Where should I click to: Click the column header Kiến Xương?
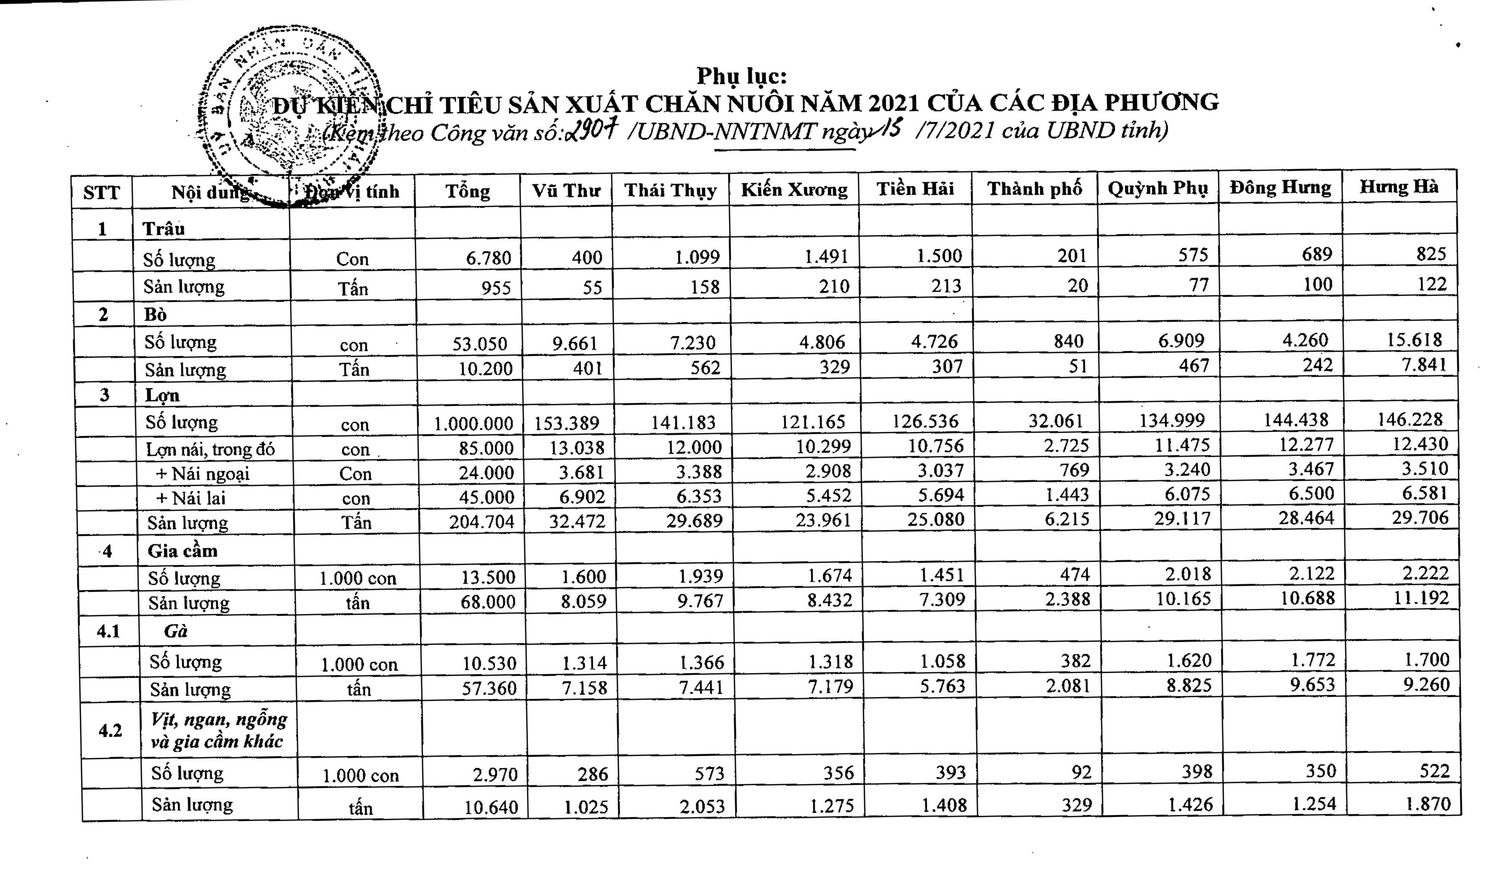(x=794, y=190)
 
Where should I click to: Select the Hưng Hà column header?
(x=1398, y=187)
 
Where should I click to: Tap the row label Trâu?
(x=163, y=229)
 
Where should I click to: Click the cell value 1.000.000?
(x=473, y=423)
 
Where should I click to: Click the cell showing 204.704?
(x=481, y=521)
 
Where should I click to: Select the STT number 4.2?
(x=110, y=731)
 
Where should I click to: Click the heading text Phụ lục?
(x=741, y=76)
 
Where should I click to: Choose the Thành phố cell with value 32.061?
(x=1055, y=420)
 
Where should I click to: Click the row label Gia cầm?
(x=182, y=551)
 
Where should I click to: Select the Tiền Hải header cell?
(x=915, y=189)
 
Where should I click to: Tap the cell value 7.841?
(x=1424, y=364)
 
